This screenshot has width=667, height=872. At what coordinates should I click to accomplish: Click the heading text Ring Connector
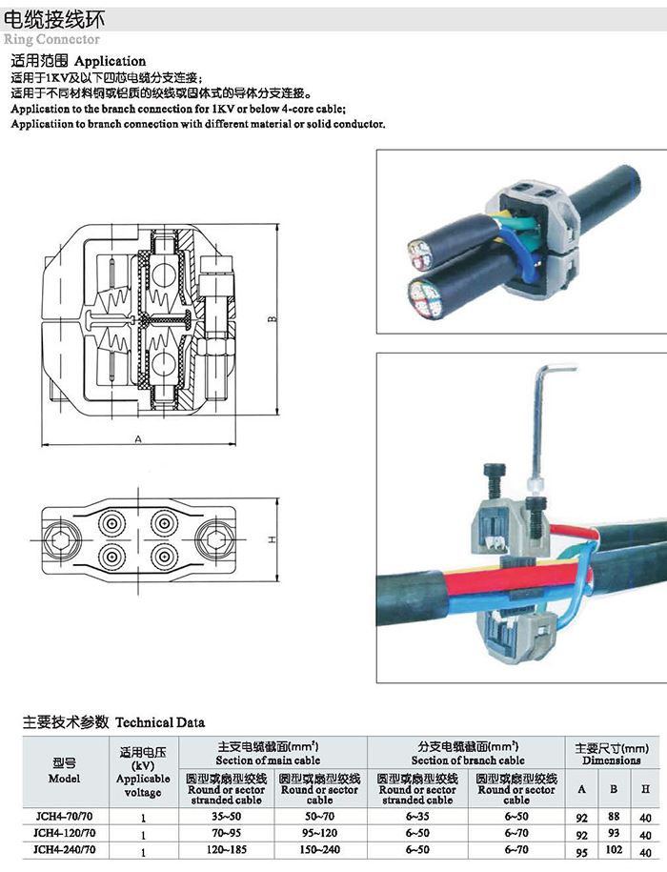[x=51, y=39]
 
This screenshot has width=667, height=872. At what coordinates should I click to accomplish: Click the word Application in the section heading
[x=111, y=61]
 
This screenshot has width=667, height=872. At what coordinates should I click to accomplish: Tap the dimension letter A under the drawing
[x=138, y=439]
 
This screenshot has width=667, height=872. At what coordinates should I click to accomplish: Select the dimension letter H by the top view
[x=272, y=539]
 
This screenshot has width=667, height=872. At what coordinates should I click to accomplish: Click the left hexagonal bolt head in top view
[x=59, y=538]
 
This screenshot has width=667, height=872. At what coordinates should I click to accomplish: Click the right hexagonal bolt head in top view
[x=215, y=538]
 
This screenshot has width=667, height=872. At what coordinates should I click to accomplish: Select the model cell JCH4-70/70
[x=64, y=817]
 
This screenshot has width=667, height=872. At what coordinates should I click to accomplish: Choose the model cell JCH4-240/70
[x=64, y=850]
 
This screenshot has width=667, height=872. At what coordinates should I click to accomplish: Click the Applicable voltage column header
[x=143, y=772]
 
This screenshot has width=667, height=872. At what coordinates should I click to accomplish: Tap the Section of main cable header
[x=268, y=760]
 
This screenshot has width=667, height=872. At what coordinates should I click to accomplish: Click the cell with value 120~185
[x=226, y=850]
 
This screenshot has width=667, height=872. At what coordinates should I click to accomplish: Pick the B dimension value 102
[x=613, y=850]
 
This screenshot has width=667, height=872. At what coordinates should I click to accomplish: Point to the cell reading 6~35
[x=417, y=817]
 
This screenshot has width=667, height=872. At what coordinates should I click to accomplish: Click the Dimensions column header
[x=612, y=760]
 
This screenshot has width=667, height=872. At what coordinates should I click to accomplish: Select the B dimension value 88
[x=614, y=817]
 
